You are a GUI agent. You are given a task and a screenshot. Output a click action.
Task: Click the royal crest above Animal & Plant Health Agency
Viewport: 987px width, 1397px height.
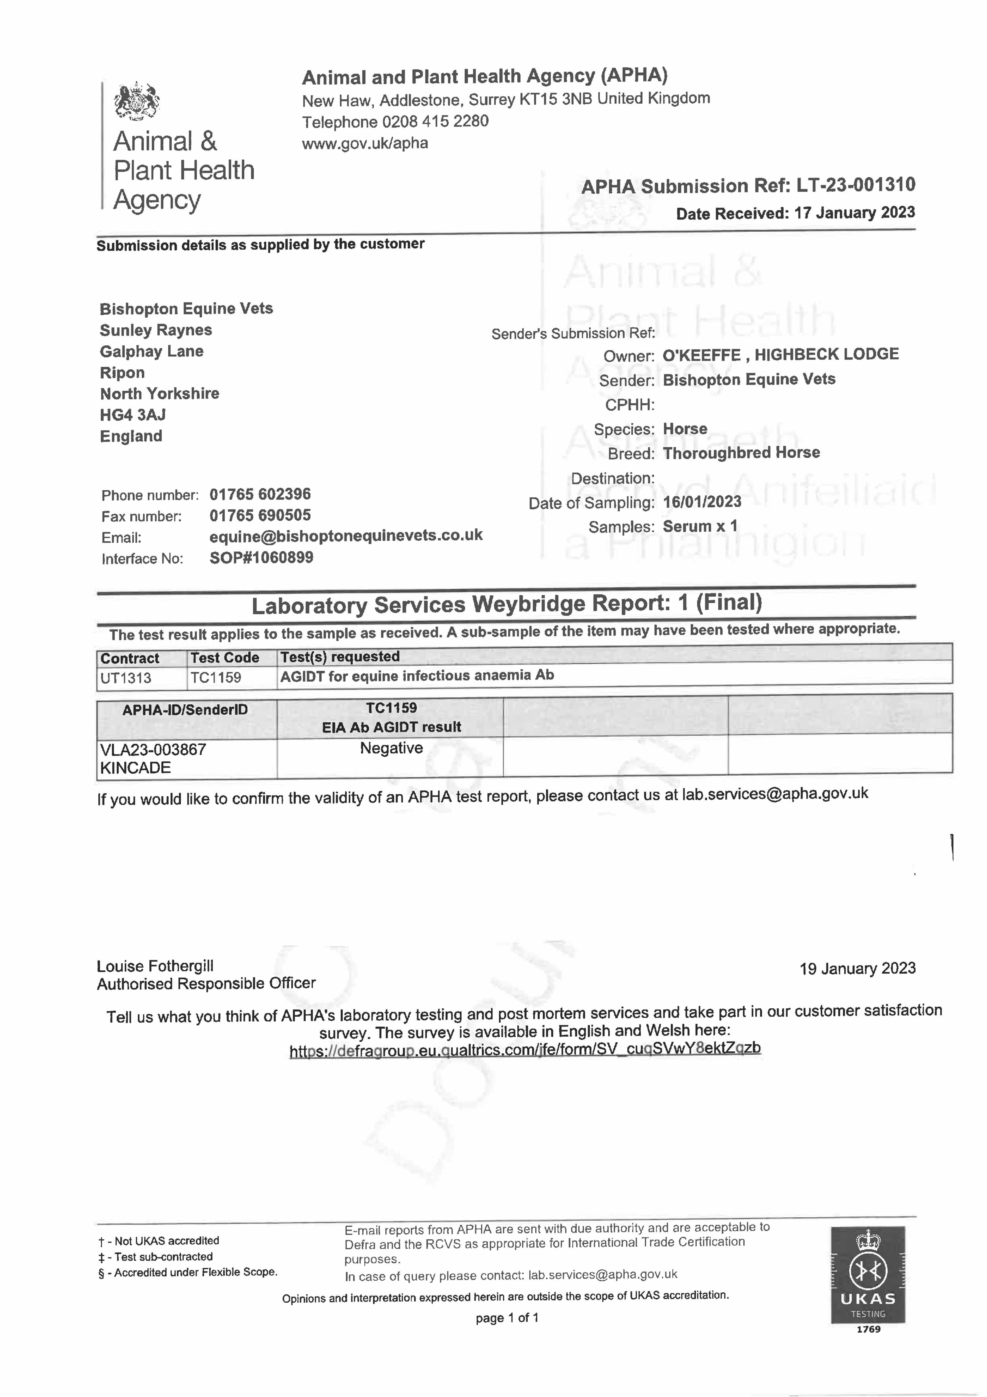[x=137, y=101]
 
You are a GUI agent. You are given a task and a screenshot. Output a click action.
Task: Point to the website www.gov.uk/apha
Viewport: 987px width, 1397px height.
[x=365, y=144]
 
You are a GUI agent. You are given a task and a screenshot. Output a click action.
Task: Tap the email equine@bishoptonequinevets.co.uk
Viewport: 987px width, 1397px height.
[x=345, y=535]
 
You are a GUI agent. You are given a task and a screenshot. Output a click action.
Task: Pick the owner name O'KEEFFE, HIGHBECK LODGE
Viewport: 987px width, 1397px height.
[x=780, y=355]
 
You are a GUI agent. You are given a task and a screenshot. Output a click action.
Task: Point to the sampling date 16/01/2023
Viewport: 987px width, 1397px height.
[x=702, y=502]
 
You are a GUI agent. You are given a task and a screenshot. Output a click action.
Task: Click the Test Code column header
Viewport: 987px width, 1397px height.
[x=224, y=658]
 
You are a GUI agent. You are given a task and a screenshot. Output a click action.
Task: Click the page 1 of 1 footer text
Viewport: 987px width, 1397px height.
[x=506, y=1318]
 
